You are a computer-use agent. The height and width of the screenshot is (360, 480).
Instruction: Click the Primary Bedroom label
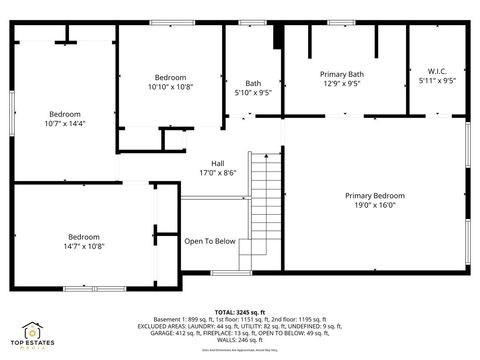(x=375, y=195)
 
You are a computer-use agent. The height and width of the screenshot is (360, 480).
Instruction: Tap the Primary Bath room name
(x=341, y=74)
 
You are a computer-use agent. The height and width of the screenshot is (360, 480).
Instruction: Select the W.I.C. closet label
(x=437, y=71)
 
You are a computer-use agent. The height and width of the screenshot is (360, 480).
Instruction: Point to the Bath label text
(x=253, y=83)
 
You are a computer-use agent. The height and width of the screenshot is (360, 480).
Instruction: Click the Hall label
(x=217, y=163)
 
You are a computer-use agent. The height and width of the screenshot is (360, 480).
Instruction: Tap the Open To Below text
(x=210, y=240)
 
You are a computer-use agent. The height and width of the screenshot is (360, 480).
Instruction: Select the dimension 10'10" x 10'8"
(x=171, y=87)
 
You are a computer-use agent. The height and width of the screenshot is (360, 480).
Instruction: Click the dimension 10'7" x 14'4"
(x=66, y=123)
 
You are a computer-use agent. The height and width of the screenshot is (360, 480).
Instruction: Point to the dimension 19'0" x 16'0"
(x=375, y=205)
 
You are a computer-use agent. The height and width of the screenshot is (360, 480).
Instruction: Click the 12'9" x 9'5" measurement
(x=341, y=84)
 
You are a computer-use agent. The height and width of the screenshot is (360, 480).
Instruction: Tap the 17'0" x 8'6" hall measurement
(x=217, y=173)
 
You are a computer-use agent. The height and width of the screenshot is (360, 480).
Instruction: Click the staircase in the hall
(x=264, y=210)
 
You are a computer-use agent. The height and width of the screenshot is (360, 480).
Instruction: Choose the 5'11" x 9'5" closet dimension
(x=437, y=81)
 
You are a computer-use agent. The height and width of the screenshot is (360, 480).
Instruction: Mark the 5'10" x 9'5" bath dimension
(x=253, y=93)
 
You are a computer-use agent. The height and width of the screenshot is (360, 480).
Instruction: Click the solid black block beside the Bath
(x=278, y=35)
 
